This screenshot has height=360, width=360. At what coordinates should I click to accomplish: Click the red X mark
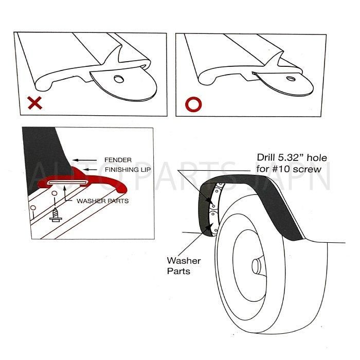pos(35,103)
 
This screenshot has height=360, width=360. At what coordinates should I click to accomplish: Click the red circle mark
pos(193,105)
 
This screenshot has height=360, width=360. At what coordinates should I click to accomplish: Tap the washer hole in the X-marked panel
pos(119,79)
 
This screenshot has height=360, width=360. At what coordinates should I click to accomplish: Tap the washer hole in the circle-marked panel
pos(291,79)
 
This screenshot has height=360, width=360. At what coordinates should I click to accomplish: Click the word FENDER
pos(118,160)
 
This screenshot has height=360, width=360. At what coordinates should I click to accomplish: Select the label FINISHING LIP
pos(128,170)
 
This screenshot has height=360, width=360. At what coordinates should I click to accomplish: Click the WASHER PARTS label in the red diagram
pos(103,201)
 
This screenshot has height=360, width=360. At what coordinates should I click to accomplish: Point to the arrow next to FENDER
pos(84,160)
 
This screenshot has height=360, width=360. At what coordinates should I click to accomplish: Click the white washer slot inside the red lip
pos(68,182)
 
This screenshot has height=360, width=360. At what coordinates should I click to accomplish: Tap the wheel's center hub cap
pos(256,266)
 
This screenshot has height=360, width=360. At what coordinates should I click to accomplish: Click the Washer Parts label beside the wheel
pos(184,266)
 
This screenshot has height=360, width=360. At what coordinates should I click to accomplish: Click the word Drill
pos(266,158)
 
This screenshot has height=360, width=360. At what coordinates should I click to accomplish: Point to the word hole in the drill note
pos(317,158)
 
